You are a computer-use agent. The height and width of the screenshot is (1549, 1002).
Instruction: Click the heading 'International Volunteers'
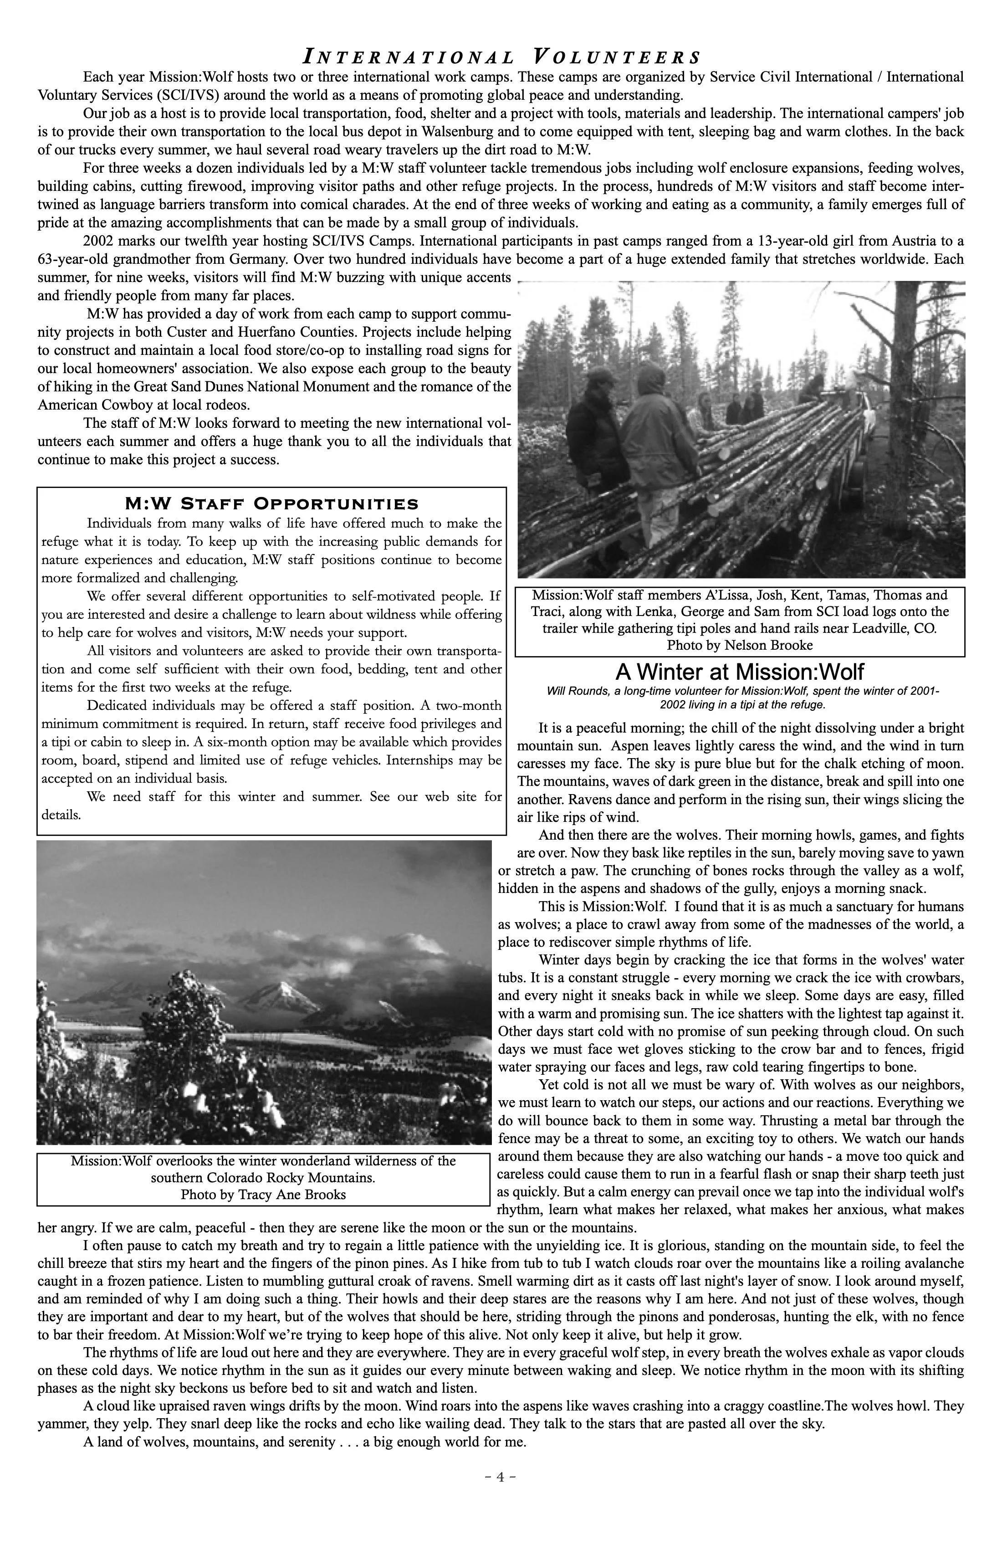(501, 56)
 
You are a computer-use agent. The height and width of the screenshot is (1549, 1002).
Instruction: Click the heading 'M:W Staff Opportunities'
(271, 504)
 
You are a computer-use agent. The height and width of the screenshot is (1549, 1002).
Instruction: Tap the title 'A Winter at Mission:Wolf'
(740, 672)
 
